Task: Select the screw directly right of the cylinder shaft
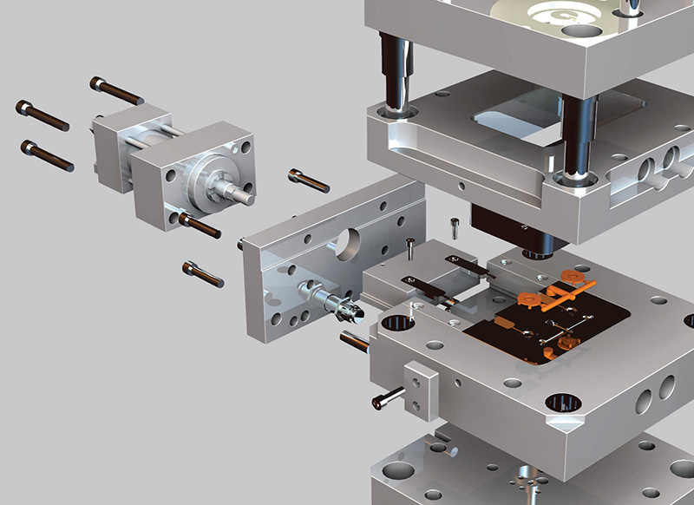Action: click(x=308, y=180)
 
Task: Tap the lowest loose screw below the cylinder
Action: click(x=203, y=273)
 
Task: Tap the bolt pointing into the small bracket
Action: click(x=388, y=399)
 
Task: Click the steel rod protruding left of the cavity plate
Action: click(x=356, y=341)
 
